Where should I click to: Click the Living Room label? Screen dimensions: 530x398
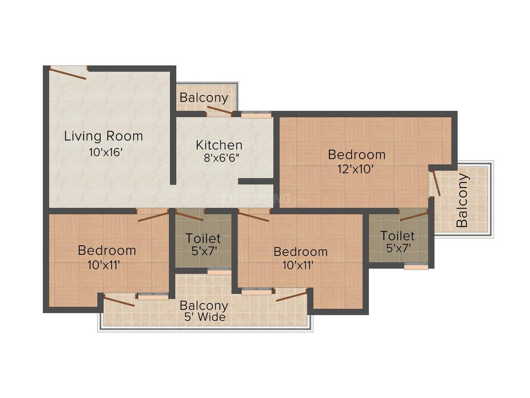click(103, 136)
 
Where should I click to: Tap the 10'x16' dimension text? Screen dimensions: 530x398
click(105, 152)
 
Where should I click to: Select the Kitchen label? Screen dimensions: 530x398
click(219, 145)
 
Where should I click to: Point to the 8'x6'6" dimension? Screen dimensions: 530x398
click(222, 158)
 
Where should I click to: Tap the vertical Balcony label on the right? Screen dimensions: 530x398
click(462, 200)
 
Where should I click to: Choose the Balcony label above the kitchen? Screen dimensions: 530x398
click(204, 98)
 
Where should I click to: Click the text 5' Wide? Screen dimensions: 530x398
click(203, 317)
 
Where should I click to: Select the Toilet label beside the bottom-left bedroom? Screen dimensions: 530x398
click(203, 238)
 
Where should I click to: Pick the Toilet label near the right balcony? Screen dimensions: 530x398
click(397, 236)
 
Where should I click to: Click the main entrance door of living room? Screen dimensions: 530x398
click(68, 73)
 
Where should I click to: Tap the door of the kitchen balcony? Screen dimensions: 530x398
click(219, 110)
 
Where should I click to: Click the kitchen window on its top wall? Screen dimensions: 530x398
click(256, 115)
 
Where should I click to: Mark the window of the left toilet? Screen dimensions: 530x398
click(219, 271)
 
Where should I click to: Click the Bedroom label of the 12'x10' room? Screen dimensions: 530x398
click(356, 155)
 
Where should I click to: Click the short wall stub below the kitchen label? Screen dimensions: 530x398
click(256, 182)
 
